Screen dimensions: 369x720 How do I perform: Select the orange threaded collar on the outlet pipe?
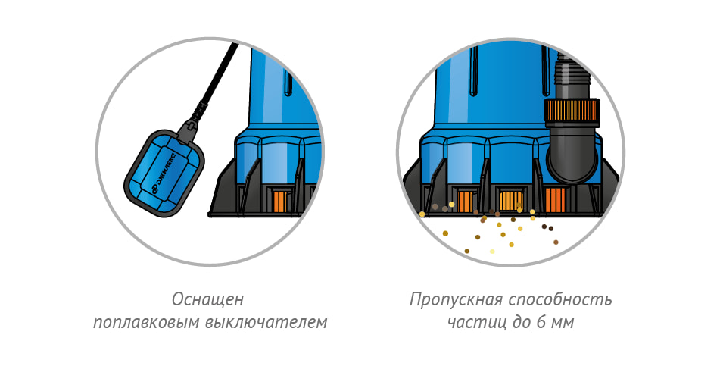point(572,112)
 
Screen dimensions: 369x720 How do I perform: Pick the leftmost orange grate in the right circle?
point(466,202)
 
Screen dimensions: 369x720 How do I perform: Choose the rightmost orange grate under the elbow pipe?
point(555,200)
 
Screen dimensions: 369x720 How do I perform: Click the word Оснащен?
point(207,299)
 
